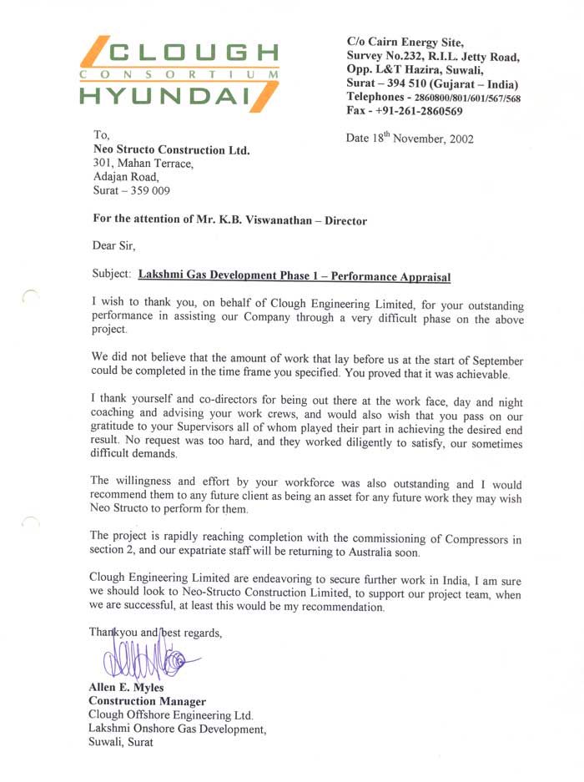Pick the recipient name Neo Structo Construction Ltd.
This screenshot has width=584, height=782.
click(x=171, y=150)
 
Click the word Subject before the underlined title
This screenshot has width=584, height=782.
click(x=111, y=274)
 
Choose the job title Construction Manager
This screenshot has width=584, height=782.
click(x=147, y=701)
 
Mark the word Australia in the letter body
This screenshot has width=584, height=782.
click(x=373, y=553)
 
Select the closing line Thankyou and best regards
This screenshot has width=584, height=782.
click(x=155, y=633)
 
